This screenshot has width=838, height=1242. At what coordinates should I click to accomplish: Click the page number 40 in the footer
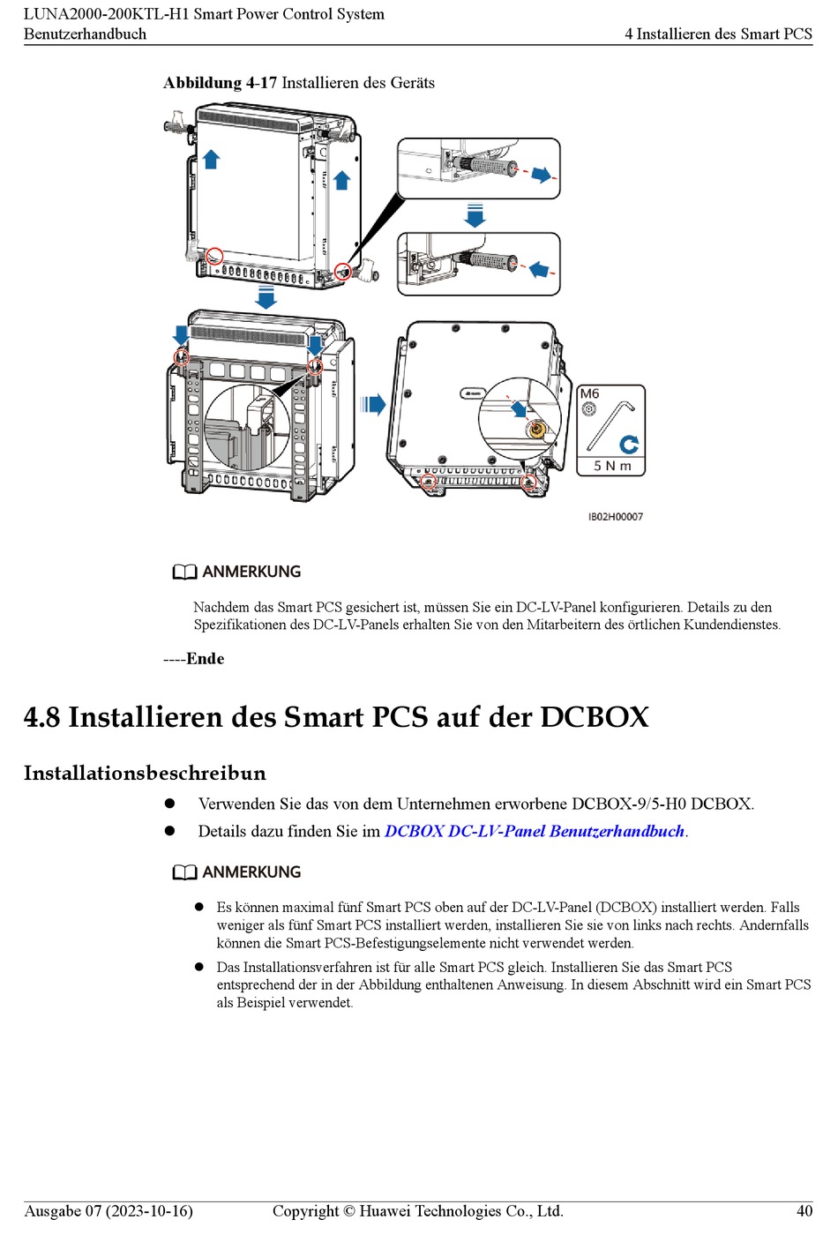(x=804, y=1211)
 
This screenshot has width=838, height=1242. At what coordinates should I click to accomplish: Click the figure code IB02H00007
(x=616, y=517)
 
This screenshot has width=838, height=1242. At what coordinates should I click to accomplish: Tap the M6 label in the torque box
(x=590, y=394)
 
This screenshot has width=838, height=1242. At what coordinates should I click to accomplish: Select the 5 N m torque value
(x=612, y=466)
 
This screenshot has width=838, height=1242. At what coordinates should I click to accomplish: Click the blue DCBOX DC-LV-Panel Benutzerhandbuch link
(x=535, y=831)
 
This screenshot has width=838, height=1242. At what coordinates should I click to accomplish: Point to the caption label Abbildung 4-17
(x=220, y=83)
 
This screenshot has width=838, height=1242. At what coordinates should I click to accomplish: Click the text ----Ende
(x=194, y=659)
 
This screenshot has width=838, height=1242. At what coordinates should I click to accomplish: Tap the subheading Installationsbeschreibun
(x=145, y=774)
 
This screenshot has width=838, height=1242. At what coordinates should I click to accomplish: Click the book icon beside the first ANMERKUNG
(x=184, y=572)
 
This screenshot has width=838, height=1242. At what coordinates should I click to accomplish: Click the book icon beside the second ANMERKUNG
(x=184, y=872)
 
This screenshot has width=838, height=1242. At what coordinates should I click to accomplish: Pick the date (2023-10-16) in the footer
(x=149, y=1211)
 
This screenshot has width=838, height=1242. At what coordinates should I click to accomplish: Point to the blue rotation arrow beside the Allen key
(x=629, y=444)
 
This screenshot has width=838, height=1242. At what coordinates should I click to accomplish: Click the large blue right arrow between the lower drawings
(x=374, y=405)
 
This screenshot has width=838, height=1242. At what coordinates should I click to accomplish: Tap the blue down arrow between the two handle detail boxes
(x=475, y=215)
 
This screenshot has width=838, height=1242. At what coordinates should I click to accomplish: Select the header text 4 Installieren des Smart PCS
(x=718, y=34)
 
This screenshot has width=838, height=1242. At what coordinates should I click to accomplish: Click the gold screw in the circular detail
(x=535, y=430)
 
